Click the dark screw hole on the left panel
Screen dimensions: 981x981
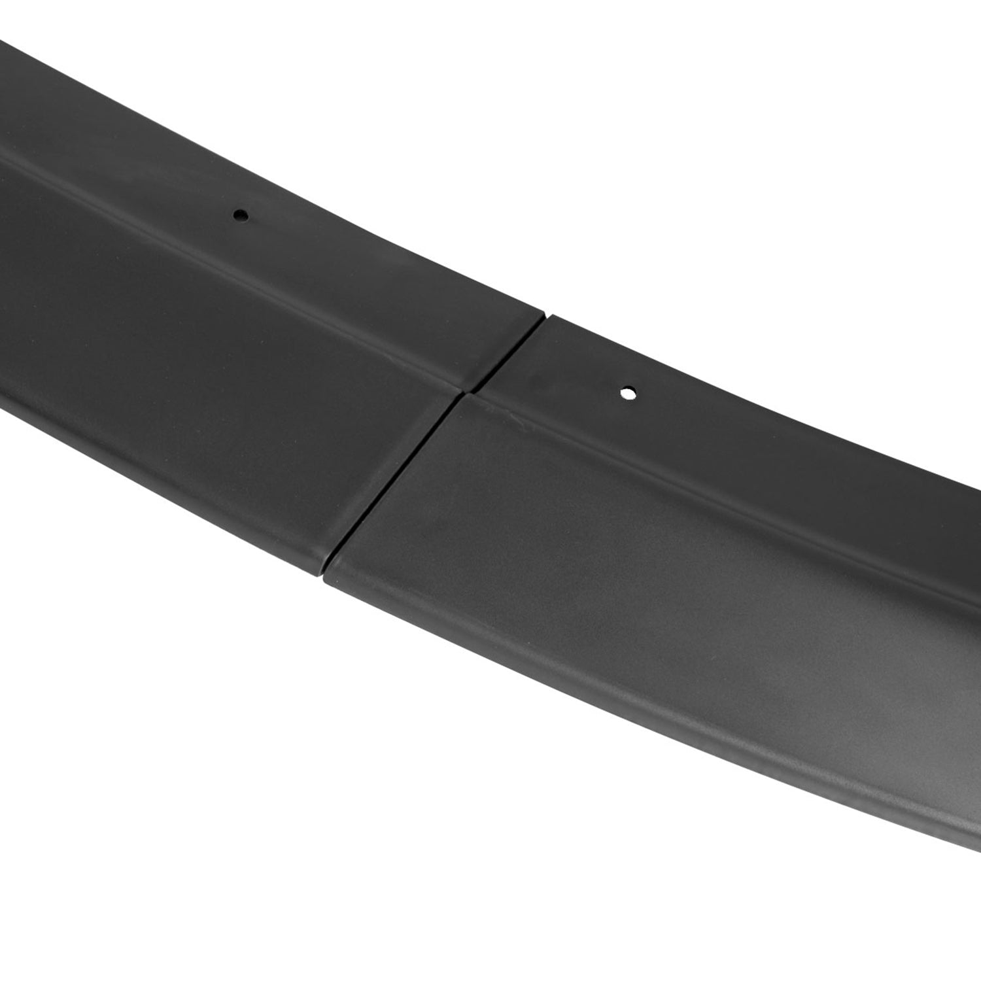pyautogui.click(x=241, y=215)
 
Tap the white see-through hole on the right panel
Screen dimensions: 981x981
pyautogui.click(x=628, y=394)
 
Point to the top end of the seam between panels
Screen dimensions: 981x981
pyautogui.click(x=545, y=317)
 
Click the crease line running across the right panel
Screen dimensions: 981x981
pyautogui.click(x=719, y=484)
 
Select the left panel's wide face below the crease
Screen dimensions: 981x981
pyautogui.click(x=196, y=392)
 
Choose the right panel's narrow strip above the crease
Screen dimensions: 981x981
pyautogui.click(x=719, y=425)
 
